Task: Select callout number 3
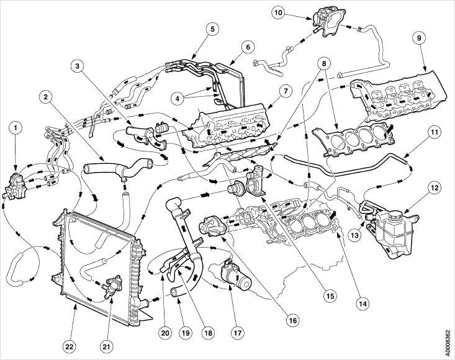78,66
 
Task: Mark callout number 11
435,132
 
